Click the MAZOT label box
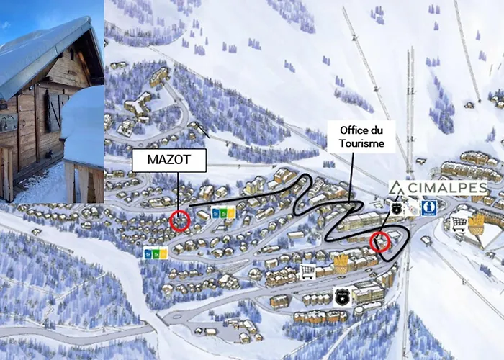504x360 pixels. tap(169, 161)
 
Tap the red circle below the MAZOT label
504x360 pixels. tap(180, 221)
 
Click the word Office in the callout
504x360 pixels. tap(351, 130)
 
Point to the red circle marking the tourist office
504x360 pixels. tap(379, 242)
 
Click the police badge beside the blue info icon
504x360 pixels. tap(396, 207)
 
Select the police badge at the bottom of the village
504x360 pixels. tap(342, 296)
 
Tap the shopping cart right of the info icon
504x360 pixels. tap(458, 223)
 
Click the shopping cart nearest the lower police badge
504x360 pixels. tap(307, 271)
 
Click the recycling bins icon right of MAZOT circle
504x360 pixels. tap(223, 212)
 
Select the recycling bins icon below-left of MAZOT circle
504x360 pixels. tap(156, 253)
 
